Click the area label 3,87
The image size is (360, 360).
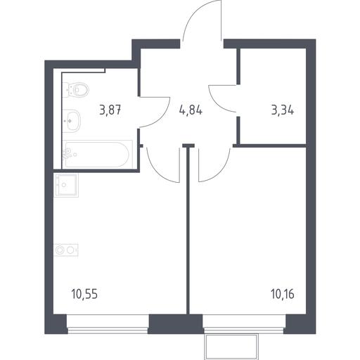tap(110, 110)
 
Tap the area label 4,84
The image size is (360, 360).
tap(191, 110)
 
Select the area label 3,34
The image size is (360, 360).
tap(283, 110)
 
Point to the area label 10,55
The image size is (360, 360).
tap(84, 294)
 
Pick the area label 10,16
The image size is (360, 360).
tap(283, 294)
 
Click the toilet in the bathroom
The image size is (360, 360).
tap(76, 90)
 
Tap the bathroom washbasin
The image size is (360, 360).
tap(72, 121)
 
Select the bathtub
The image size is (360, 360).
tap(98, 154)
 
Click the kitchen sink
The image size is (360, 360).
tap(66, 185)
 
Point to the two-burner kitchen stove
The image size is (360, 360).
tap(66, 250)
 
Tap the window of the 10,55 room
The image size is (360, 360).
tap(108, 323)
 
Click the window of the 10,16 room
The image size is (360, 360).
tap(244, 323)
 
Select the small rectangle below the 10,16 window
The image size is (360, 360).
tap(231, 347)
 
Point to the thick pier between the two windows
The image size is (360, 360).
tap(176, 324)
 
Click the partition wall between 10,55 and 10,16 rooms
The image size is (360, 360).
tap(188, 230)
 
